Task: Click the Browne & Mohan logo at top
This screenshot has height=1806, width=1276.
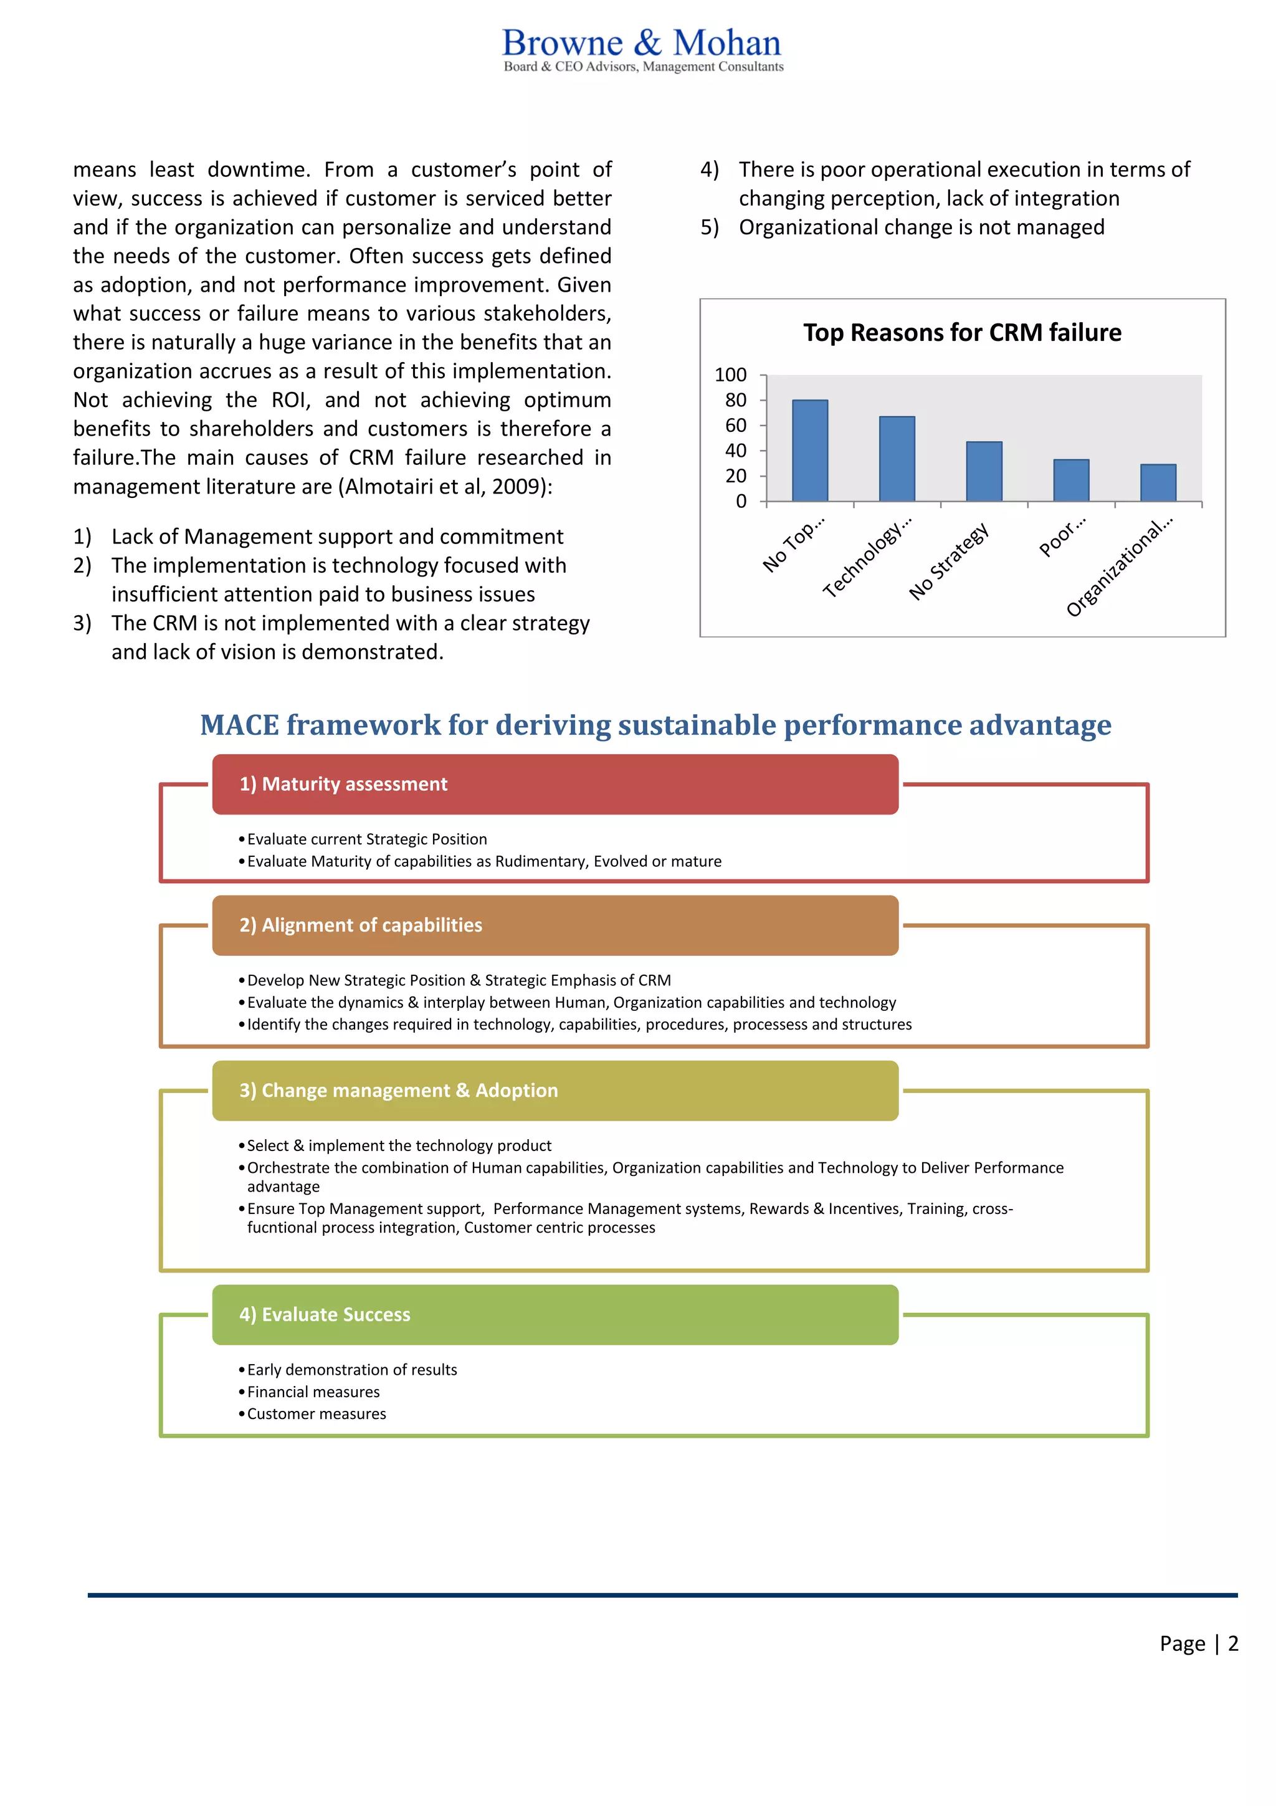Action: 642,49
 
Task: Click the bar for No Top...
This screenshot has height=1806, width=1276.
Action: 810,451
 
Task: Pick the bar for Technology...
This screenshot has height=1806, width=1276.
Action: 897,459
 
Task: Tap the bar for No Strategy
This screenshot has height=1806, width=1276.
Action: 984,471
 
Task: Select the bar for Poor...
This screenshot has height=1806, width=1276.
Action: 1071,480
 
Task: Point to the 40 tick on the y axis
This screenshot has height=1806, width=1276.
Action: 735,451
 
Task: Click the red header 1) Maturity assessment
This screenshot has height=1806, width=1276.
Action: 555,784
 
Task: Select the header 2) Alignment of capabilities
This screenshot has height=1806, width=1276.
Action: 555,925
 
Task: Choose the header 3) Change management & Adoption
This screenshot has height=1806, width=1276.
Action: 555,1090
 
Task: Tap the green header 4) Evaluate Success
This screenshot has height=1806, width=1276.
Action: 555,1314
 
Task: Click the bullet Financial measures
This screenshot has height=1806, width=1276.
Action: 313,1392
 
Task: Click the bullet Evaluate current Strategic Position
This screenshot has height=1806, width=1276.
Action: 366,839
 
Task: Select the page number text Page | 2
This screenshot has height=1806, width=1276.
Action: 1198,1643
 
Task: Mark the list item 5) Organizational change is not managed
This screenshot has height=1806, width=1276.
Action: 921,227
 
